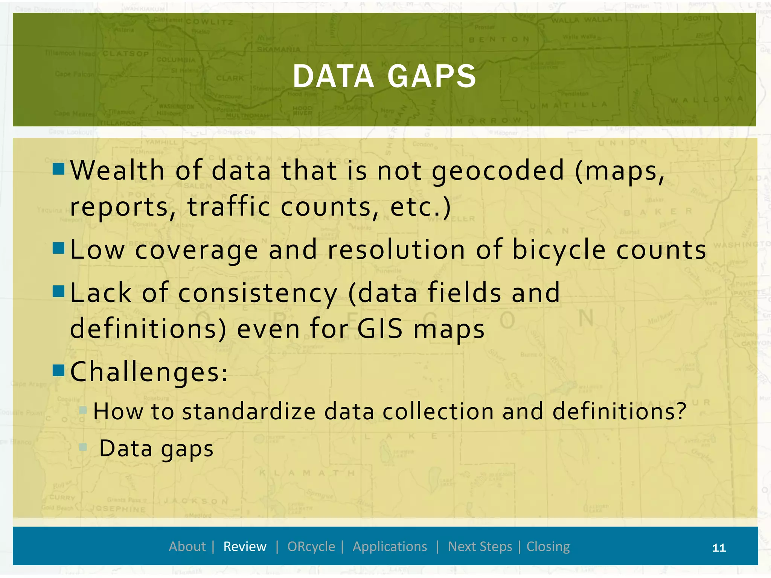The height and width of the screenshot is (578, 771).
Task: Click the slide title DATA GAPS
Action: click(x=384, y=76)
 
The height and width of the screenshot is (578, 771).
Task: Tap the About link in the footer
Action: click(x=187, y=546)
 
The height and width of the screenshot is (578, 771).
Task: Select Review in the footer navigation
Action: click(x=245, y=546)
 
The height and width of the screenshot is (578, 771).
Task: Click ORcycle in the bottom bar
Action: click(x=311, y=546)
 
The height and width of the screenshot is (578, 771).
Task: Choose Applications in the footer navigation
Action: click(x=390, y=546)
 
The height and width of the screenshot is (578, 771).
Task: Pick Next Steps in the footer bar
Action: click(x=480, y=546)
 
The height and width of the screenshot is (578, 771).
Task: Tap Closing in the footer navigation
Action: click(x=548, y=546)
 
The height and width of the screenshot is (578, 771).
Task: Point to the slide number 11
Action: click(x=719, y=548)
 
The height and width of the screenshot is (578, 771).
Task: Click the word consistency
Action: click(x=258, y=294)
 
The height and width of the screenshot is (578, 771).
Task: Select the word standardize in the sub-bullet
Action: click(x=249, y=411)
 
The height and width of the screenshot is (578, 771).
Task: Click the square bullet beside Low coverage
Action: click(x=59, y=248)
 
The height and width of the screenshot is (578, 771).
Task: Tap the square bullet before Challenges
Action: click(x=59, y=370)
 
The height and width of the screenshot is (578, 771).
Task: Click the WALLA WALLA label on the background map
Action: click(x=582, y=20)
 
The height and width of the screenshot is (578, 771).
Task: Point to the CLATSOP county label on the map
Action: click(x=126, y=54)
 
